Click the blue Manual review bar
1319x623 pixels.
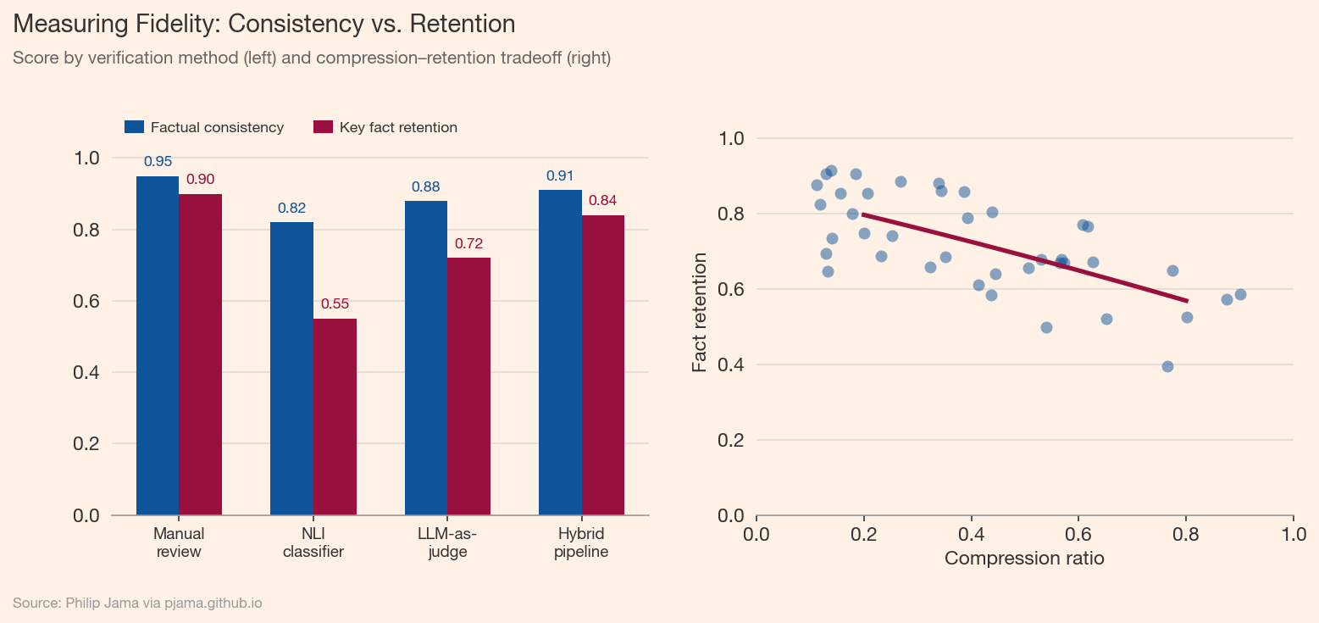158,346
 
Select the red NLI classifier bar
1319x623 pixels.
335,417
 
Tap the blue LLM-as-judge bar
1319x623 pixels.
426,358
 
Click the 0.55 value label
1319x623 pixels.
335,304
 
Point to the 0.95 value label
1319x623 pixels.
158,161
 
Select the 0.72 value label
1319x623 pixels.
468,244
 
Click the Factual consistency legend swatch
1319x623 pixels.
135,127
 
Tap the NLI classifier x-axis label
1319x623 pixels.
313,543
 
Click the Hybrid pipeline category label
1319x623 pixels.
581,543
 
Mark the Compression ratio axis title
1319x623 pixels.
1024,559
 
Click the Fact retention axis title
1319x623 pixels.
700,317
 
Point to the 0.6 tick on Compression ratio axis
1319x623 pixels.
1078,535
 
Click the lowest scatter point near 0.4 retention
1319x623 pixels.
1167,366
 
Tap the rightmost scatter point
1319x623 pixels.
1240,294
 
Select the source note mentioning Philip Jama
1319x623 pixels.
137,604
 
